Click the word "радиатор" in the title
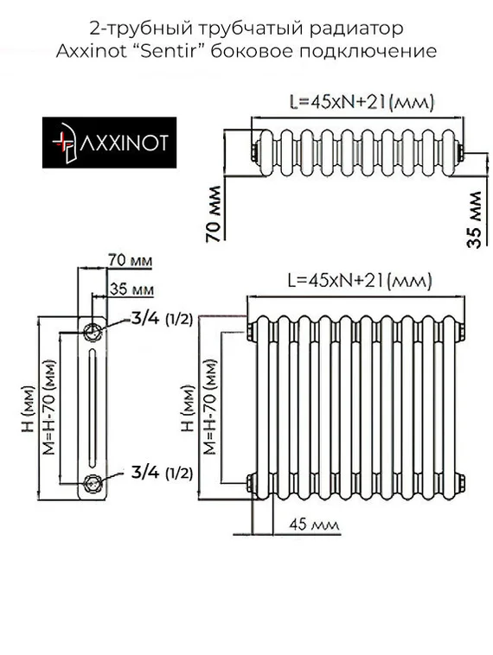(x=367, y=29)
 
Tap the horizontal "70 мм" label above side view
(x=131, y=259)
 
